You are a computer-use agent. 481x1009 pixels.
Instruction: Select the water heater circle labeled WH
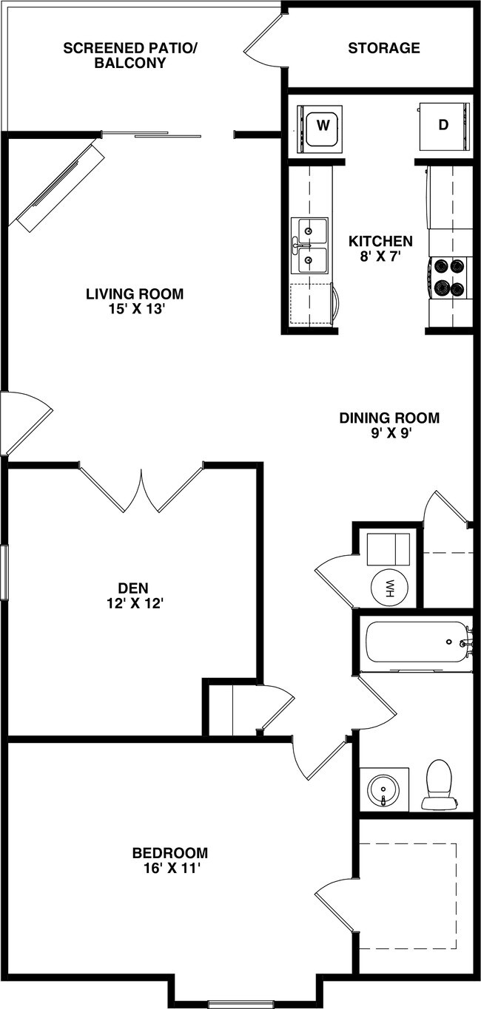[389, 588]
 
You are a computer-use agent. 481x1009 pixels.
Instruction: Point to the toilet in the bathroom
[439, 785]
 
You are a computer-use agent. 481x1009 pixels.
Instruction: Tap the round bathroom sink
[383, 789]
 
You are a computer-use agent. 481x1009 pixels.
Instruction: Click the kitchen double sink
[310, 245]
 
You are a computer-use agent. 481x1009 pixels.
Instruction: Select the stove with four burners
[449, 277]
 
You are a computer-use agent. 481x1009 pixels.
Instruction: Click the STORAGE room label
[384, 49]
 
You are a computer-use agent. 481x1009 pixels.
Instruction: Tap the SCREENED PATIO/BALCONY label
[130, 55]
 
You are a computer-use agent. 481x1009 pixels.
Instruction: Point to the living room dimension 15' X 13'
[135, 310]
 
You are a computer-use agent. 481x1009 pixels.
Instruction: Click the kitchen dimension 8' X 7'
[380, 257]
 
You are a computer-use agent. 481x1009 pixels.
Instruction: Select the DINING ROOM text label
[389, 418]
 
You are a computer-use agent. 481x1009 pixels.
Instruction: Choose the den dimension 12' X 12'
[134, 603]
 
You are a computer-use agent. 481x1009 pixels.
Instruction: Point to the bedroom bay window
[240, 1003]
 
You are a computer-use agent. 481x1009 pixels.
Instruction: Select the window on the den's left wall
[4, 572]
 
